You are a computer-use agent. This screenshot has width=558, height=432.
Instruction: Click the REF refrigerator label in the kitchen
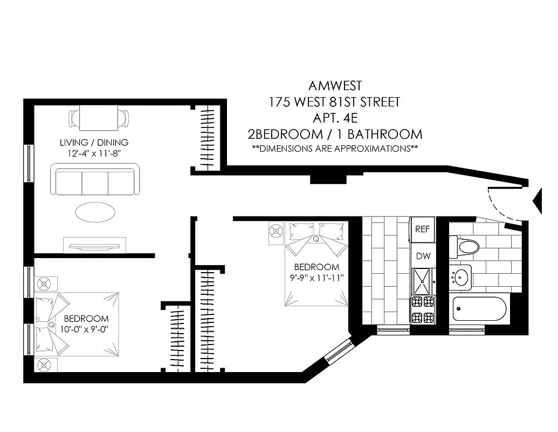coord(422,228)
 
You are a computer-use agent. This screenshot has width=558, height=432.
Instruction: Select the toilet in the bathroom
coord(467,247)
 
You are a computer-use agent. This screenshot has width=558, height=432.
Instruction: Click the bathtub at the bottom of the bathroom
coord(479,310)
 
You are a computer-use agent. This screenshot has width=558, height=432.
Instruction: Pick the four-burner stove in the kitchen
coord(423,309)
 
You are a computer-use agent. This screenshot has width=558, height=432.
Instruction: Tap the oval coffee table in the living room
coord(94,212)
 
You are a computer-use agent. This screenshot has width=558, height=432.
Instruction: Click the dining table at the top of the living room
coord(100,118)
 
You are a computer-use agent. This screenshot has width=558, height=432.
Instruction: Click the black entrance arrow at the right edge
coord(538,201)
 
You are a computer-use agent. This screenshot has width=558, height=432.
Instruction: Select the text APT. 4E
coord(335,117)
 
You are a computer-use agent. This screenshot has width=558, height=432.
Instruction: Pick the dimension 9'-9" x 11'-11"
coord(316,278)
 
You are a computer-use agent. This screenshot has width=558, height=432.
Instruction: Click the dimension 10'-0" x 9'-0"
coord(86,329)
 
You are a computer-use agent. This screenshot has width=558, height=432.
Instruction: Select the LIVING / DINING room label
coord(94,143)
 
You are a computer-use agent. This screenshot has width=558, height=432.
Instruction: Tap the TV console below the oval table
coord(95,245)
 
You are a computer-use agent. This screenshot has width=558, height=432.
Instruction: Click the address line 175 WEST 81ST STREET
coord(335,102)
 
